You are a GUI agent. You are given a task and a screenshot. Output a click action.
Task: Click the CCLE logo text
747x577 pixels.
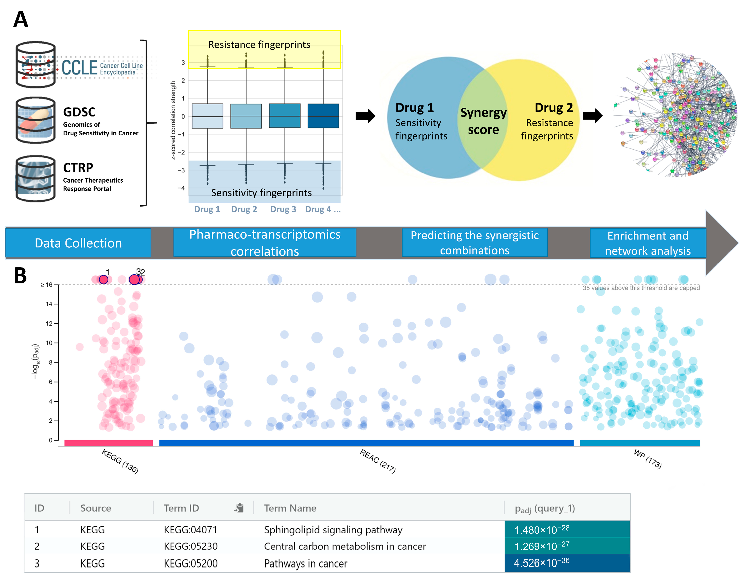[79, 67]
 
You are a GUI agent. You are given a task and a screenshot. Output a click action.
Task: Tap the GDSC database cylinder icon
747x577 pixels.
[36, 120]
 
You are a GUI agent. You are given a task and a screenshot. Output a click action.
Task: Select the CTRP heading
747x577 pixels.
[78, 168]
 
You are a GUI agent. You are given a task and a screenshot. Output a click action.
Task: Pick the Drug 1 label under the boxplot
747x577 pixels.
[207, 209]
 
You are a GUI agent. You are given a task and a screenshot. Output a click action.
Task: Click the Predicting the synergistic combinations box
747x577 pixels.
[474, 243]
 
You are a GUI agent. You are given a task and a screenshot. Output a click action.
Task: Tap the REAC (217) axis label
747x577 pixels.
[378, 461]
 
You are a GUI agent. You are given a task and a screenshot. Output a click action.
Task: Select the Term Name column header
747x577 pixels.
[290, 508]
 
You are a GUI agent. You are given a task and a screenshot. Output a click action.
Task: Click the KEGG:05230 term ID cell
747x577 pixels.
[191, 546]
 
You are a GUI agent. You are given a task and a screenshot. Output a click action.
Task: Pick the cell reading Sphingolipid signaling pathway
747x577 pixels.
[333, 530]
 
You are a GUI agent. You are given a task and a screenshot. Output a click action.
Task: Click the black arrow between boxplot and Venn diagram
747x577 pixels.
[365, 116]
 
